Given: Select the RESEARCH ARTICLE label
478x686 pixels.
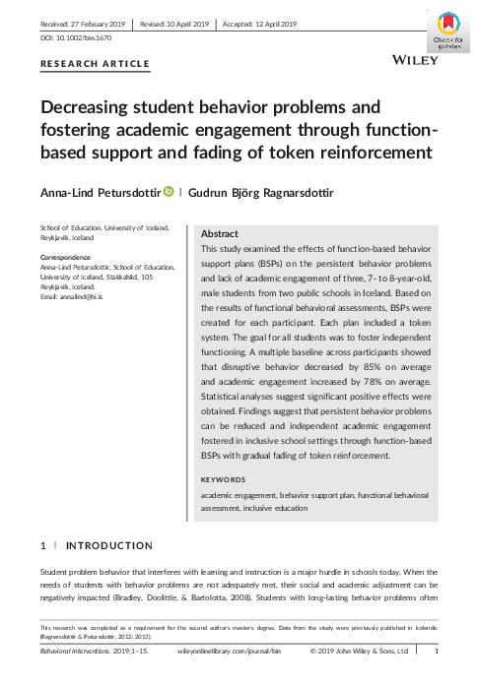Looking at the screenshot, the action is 95,65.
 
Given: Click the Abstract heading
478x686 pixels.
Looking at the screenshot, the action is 220,235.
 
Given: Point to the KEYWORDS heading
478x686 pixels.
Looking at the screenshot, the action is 223,479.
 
